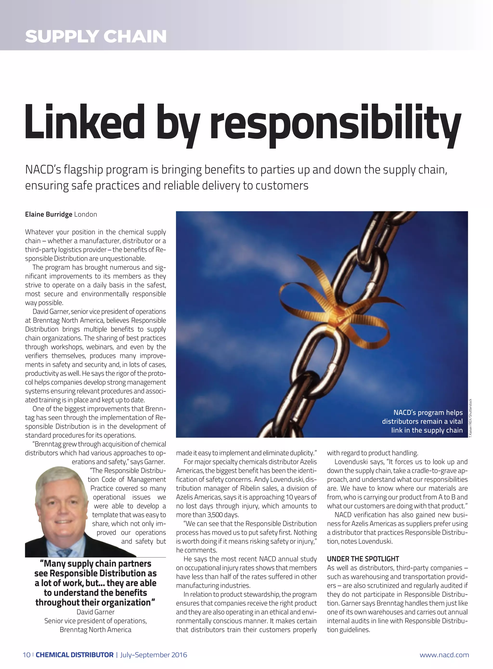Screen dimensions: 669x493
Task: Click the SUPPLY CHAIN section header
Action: click(x=96, y=36)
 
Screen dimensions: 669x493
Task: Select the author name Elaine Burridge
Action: click(x=49, y=214)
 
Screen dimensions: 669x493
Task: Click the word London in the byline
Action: click(x=86, y=214)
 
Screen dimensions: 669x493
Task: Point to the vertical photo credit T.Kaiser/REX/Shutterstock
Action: click(x=470, y=418)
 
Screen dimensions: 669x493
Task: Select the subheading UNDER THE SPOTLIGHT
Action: click(x=363, y=559)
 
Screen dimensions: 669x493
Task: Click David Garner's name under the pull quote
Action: click(x=96, y=612)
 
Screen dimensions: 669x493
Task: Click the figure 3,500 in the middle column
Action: click(x=215, y=515)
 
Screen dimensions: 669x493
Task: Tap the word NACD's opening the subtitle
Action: click(x=43, y=170)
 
